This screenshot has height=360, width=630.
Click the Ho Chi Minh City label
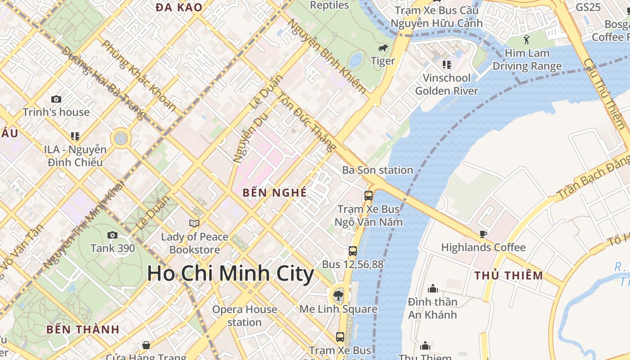tap(230, 274)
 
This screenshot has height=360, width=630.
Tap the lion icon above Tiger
tap(383, 48)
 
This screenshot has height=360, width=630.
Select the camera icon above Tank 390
tap(112, 235)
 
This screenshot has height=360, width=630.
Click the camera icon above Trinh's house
tap(56, 99)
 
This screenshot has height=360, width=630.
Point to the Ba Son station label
tap(378, 170)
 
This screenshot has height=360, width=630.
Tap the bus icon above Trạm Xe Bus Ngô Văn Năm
tap(369, 196)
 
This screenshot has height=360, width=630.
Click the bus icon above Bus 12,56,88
tap(353, 251)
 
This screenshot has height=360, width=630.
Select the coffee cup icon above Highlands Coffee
tap(483, 234)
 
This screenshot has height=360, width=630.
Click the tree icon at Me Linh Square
tap(338, 296)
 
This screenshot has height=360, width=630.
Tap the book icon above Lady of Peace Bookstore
tap(194, 223)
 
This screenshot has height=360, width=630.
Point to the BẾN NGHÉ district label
tap(274, 193)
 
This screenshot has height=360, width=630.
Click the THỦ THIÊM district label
tap(509, 275)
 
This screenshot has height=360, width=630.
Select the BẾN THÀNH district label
tap(83, 329)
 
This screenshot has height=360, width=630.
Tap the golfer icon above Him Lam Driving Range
tap(527, 40)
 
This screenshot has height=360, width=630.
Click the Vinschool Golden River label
tap(446, 84)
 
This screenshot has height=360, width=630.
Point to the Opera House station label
tap(244, 316)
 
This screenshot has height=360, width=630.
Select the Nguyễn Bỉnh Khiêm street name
tap(327, 56)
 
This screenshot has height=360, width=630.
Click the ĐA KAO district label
tap(179, 7)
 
